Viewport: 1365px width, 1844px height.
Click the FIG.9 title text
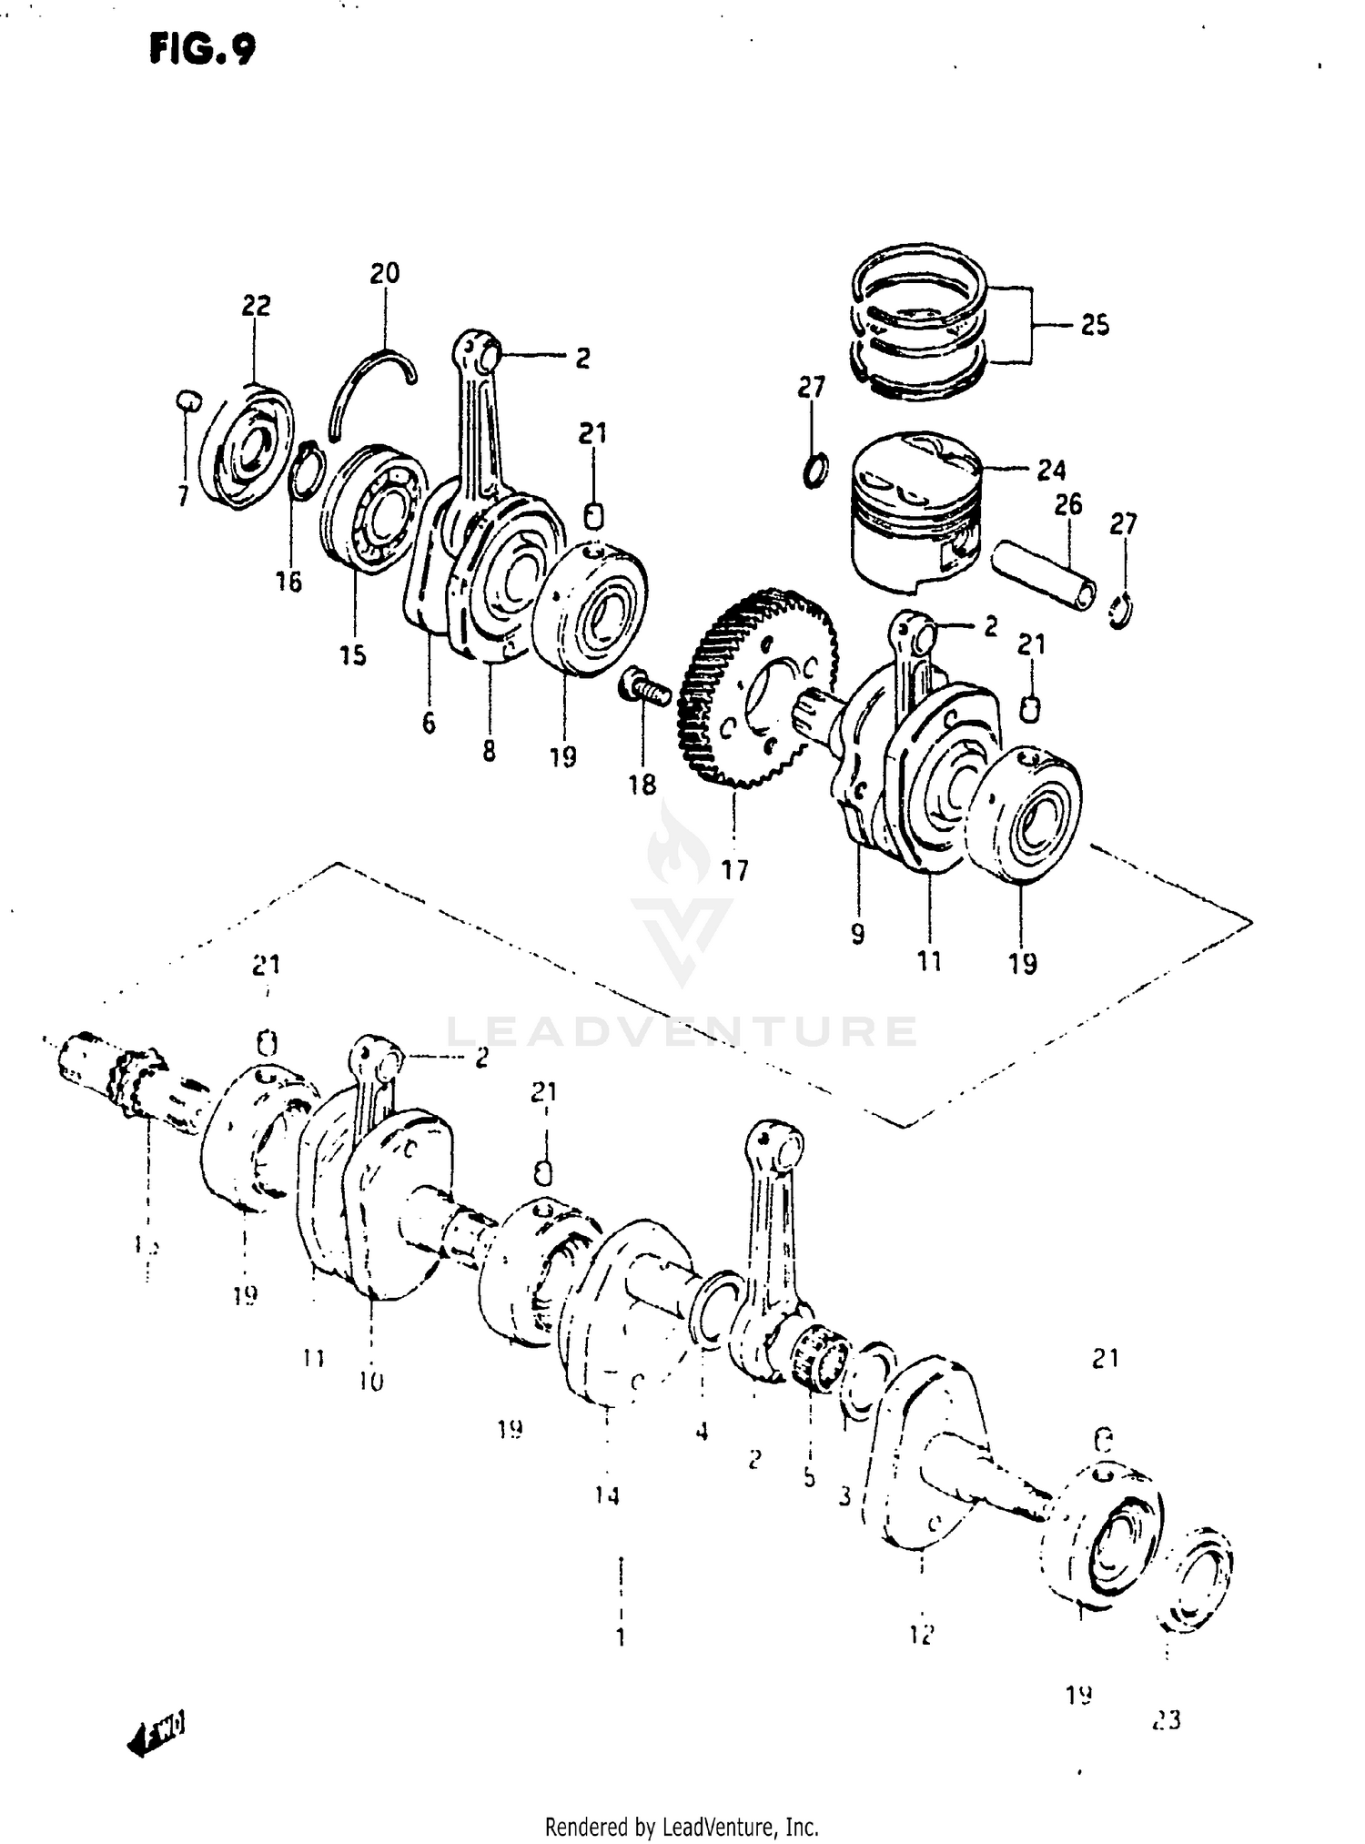[202, 50]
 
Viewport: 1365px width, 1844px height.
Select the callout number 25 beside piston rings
[1095, 326]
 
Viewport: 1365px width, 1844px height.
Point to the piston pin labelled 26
[1045, 576]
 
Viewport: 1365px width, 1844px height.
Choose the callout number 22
[256, 306]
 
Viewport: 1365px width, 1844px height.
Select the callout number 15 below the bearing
[353, 654]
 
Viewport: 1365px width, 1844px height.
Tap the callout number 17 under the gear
[734, 870]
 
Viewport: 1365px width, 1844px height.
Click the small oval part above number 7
[187, 399]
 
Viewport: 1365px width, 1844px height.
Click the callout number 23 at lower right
[1165, 1720]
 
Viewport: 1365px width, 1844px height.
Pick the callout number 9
[857, 934]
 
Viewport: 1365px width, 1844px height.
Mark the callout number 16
[288, 582]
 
